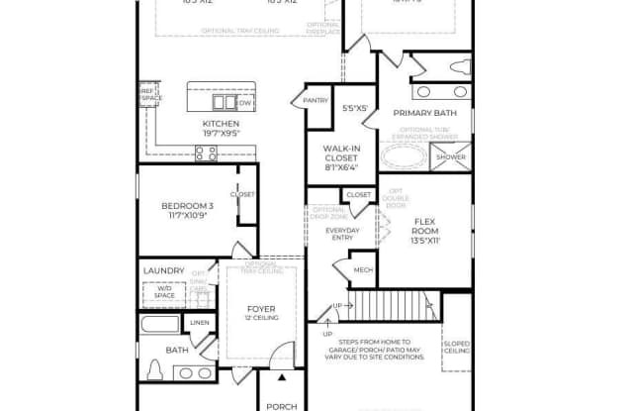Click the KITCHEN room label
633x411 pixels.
(221, 124)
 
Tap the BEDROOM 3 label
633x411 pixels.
(187, 206)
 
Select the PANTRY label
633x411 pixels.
(316, 99)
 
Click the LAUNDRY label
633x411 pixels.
(163, 269)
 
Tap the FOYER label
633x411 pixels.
(260, 309)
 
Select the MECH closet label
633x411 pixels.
(363, 268)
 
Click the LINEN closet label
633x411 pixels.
(200, 323)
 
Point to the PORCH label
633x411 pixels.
(283, 405)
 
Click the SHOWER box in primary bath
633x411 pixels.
(451, 157)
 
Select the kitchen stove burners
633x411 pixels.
(207, 152)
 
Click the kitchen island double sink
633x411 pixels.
(225, 101)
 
